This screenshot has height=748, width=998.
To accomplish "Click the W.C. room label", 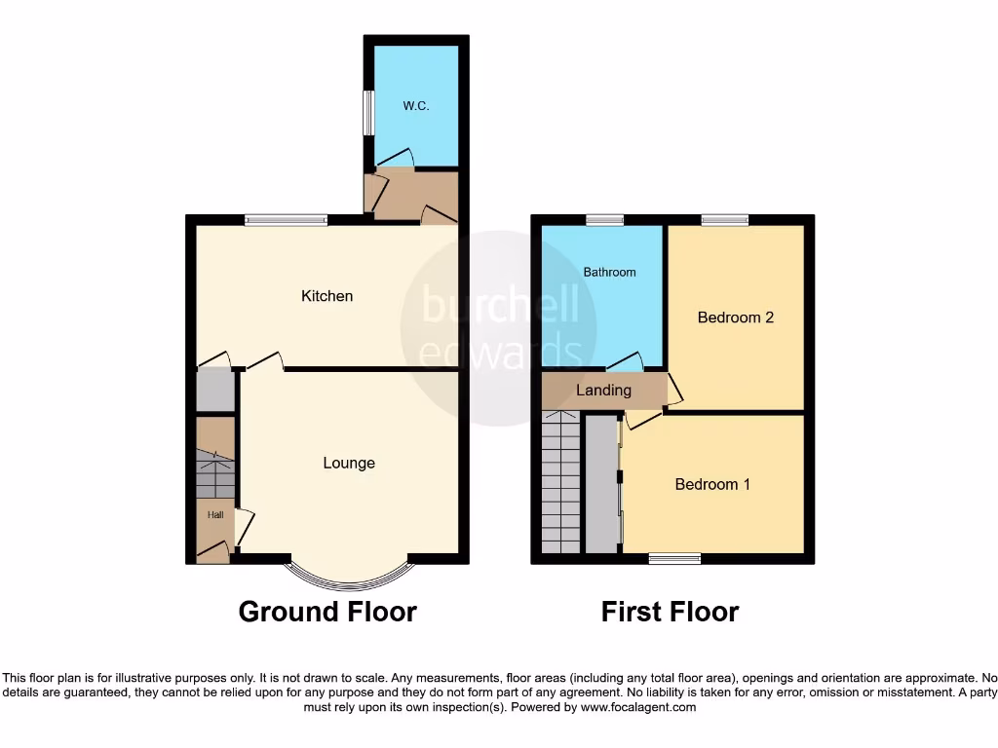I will [x=416, y=106].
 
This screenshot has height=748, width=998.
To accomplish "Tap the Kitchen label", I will [x=327, y=296].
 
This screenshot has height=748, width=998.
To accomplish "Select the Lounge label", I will [x=349, y=464].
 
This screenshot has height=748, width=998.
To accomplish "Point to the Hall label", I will [x=213, y=514].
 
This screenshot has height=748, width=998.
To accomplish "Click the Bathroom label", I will [x=609, y=273].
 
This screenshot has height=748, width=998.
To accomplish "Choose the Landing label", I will [x=604, y=391].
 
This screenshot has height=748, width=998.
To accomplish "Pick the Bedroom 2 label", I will [x=736, y=318].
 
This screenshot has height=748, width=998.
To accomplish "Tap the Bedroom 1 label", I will [x=712, y=484].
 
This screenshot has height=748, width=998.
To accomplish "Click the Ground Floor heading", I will [x=327, y=612].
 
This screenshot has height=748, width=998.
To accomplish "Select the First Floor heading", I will [x=670, y=612].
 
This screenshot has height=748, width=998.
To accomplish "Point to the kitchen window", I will [x=286, y=220].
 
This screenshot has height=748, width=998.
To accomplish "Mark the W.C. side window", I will [x=368, y=113].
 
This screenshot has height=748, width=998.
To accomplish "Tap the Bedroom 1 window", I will [x=674, y=558].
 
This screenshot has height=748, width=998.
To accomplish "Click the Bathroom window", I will [x=604, y=220].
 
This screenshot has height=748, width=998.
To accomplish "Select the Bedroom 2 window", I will [x=724, y=220].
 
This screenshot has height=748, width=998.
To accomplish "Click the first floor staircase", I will [x=560, y=482].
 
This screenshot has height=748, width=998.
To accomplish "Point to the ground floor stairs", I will [x=215, y=473].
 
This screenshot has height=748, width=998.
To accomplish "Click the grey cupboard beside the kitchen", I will [x=215, y=390].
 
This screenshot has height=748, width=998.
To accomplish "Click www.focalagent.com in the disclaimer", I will [x=638, y=708].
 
